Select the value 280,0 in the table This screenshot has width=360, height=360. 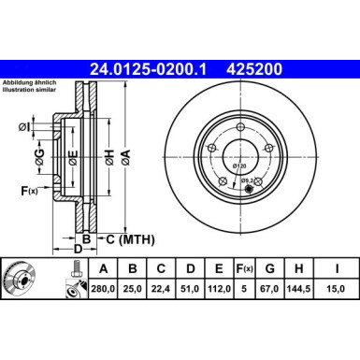point(102,290)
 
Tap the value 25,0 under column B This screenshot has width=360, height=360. point(133,290)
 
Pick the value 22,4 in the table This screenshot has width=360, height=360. point(163,290)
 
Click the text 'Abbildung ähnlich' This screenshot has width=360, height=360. point(29,81)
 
